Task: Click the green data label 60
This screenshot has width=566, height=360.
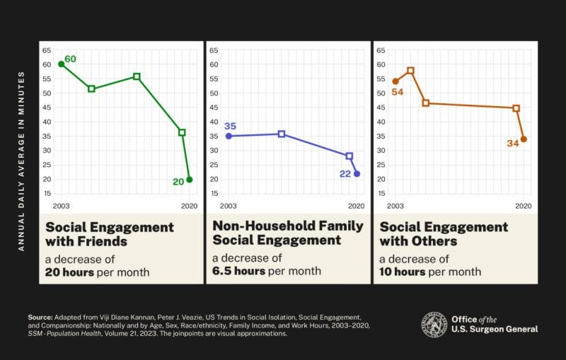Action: coord(70,59)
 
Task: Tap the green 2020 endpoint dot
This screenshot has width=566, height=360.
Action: coord(190,180)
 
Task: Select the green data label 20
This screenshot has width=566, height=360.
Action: coord(178,182)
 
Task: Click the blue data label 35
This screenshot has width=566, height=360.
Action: coord(230,126)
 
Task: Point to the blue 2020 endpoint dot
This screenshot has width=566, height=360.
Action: coord(357,174)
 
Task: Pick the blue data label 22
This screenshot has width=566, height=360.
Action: coord(345,174)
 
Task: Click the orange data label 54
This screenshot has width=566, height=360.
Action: coord(397,93)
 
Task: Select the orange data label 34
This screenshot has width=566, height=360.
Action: coord(512,144)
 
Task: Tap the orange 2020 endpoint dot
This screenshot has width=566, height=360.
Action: coord(524,139)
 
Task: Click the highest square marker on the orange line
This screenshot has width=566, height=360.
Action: coord(410,71)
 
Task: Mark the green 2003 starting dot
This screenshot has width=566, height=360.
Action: coord(61,64)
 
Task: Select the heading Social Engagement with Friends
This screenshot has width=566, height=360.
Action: coord(110,234)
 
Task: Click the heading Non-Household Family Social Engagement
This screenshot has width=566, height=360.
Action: coord(288,233)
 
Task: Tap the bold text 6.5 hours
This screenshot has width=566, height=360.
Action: coord(239,271)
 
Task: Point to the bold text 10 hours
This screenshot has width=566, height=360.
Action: coord(403,272)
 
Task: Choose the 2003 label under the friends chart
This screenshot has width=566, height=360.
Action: coord(61,206)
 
